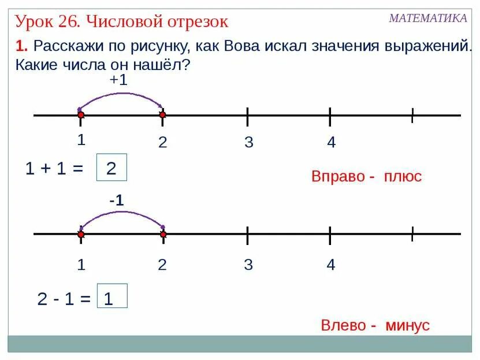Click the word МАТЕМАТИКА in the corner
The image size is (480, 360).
(427, 18)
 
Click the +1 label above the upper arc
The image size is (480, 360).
(118, 80)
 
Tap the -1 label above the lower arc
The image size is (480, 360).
(117, 201)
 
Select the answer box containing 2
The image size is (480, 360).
(111, 168)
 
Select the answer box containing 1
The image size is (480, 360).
(112, 298)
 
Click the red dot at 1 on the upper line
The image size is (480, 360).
(81, 116)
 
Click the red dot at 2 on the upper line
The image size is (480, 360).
(163, 116)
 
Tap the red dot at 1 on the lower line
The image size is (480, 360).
(81, 235)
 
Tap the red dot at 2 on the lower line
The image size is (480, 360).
(163, 235)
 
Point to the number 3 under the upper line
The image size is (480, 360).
(248, 142)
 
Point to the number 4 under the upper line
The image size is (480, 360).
(331, 142)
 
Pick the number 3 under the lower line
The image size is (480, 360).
(248, 265)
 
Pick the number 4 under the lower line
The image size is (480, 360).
(330, 265)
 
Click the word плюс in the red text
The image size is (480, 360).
(403, 176)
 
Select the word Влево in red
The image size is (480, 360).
(343, 325)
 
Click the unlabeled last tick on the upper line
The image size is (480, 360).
(412, 116)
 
